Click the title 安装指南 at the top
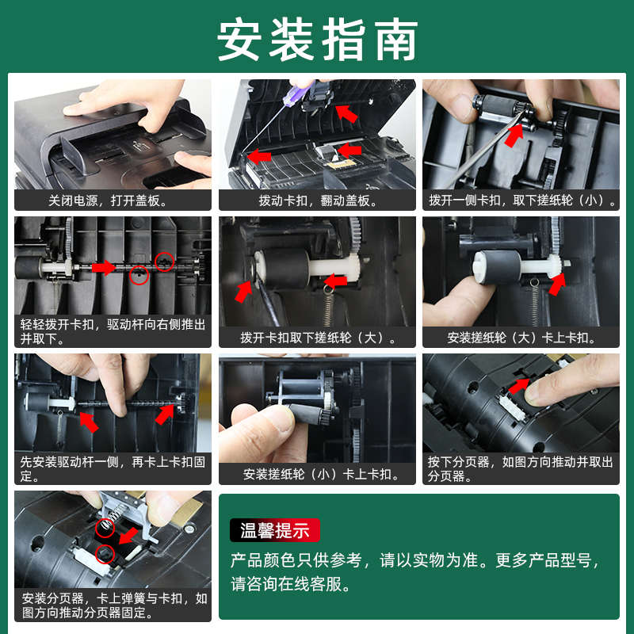pyautogui.click(x=318, y=40)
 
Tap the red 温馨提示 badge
pyautogui.click(x=274, y=530)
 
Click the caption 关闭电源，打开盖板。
pyautogui.click(x=108, y=201)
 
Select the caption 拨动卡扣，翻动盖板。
pyautogui.click(x=318, y=201)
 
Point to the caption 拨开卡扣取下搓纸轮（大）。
pyautogui.click(x=318, y=338)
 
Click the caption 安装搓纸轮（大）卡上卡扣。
pyautogui.click(x=521, y=338)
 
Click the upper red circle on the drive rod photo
pyautogui.click(x=164, y=262)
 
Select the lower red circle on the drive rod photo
pyautogui.click(x=139, y=275)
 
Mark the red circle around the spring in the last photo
pyautogui.click(x=105, y=528)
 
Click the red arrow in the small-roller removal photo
pyautogui.click(x=514, y=136)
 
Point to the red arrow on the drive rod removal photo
pyautogui.click(x=104, y=267)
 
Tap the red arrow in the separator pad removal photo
pyautogui.click(x=519, y=386)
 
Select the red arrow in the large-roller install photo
pyautogui.click(x=557, y=284)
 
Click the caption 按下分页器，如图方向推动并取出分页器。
pyautogui.click(x=521, y=468)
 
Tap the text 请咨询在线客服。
pyautogui.click(x=291, y=584)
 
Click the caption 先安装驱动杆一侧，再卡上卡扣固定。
pyautogui.click(x=113, y=468)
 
